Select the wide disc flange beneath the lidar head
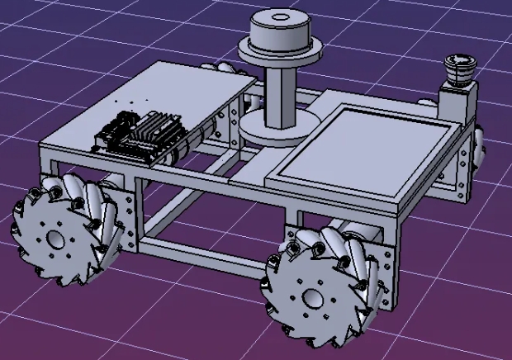280,54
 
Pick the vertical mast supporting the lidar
279,95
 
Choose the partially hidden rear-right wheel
480,149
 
